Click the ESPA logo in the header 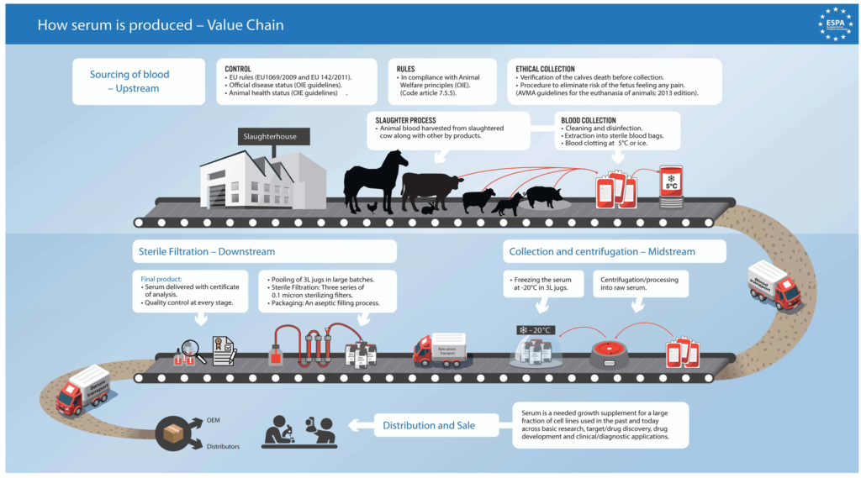point(836,24)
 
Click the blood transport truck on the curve point(773,286)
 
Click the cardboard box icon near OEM point(173,433)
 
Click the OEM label point(214,419)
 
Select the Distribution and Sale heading point(429,425)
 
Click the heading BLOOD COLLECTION point(589,120)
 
